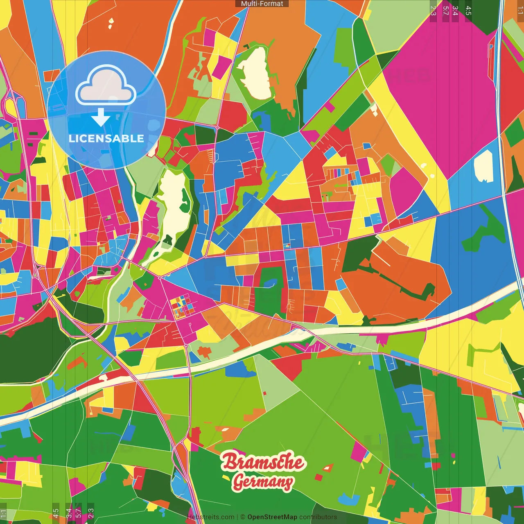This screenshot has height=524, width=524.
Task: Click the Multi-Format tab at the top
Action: coord(262,4)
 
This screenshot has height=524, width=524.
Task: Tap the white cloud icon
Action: coord(106,87)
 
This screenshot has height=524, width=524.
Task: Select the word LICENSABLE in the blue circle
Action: coord(106,138)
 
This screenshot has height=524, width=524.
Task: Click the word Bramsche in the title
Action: coord(263,462)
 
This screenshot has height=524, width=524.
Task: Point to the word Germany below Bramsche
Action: coord(263,482)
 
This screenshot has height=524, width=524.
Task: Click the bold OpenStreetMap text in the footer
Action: coord(272,517)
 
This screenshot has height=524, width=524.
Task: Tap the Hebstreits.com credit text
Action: coord(211,517)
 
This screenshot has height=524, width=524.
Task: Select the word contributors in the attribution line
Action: coord(318,517)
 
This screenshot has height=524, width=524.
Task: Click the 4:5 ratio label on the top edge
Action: coord(468,11)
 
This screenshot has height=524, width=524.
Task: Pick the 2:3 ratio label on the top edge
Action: coord(433,11)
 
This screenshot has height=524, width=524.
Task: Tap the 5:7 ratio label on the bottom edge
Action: coord(78,513)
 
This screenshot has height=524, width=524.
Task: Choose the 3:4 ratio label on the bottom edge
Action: coord(69,513)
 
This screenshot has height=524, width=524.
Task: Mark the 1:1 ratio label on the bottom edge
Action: coord(3,514)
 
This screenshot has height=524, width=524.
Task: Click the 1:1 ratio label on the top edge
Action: coord(520,11)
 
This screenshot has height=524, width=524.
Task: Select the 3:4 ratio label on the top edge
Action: coord(455,11)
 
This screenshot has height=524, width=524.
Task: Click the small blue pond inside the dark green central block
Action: coord(270,283)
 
